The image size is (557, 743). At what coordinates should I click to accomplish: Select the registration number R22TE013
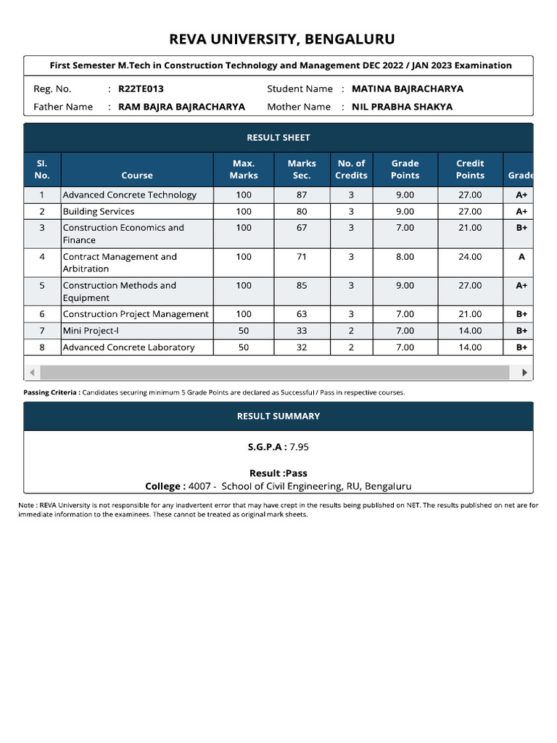pos(141,89)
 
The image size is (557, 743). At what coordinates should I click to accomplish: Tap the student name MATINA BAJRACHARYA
pos(407,89)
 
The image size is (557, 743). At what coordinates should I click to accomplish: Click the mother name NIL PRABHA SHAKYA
pos(402,107)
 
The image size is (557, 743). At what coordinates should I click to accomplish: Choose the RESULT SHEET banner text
pos(278,137)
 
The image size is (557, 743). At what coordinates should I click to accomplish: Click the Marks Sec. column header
pos(302,169)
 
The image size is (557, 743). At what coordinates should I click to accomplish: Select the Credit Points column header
pos(470,169)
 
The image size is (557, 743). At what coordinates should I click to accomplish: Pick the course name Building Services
pos(99,211)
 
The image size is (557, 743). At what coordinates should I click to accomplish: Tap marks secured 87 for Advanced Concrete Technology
pos(302,194)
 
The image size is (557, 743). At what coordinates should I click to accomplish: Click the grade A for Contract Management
pos(521,257)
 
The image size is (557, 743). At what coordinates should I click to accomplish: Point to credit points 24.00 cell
pos(470,257)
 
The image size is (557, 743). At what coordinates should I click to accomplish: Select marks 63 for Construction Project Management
pos(302,314)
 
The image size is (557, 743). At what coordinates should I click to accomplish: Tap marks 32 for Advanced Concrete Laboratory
pos(302,348)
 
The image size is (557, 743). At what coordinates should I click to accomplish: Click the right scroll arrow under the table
pos(525,372)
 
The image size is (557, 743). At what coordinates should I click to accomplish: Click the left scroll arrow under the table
pos(32,372)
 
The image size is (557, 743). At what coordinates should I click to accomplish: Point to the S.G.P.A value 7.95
pos(299,447)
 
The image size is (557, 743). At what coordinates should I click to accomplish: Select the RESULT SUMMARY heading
pos(278,416)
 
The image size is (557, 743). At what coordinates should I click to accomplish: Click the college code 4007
pos(199,486)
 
